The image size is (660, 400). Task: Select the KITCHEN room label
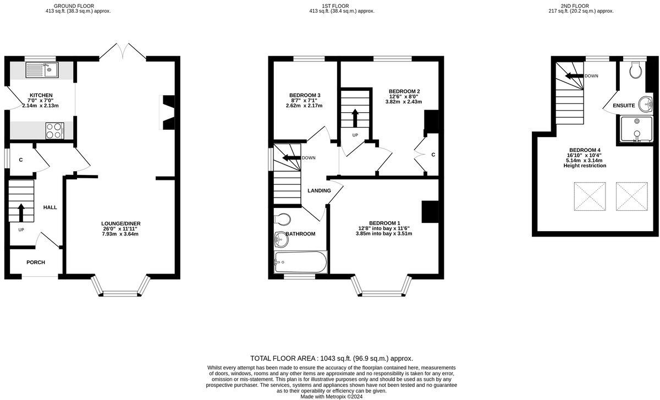41,95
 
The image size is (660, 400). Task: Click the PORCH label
36,262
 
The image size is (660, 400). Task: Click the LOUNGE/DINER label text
121,223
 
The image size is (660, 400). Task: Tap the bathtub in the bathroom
300,262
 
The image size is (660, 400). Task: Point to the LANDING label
319,191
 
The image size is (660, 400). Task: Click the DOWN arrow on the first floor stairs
290,158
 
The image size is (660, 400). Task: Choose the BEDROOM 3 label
305,95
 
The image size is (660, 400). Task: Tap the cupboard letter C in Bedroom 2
433,155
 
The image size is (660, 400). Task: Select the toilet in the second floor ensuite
637,69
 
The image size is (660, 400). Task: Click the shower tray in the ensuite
636,130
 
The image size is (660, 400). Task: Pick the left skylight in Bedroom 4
589,196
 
